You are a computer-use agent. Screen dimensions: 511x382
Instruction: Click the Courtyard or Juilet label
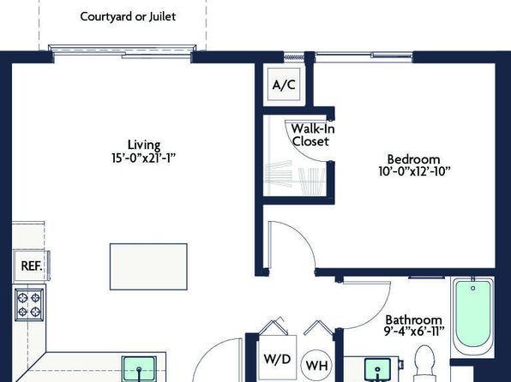tap(128, 16)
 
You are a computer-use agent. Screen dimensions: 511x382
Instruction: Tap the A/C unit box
tap(284, 84)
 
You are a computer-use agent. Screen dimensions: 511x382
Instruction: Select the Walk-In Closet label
tap(312, 135)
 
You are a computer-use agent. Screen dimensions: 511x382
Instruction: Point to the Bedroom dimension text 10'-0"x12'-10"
tap(414, 171)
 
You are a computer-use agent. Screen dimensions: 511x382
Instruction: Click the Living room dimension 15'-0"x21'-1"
tap(143, 158)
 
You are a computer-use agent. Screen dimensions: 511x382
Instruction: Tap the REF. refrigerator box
tap(31, 266)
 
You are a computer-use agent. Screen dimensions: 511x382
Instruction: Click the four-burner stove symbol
tap(29, 304)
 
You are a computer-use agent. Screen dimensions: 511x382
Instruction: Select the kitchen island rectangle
tap(148, 266)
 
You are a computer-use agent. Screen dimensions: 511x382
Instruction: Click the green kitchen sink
tap(139, 369)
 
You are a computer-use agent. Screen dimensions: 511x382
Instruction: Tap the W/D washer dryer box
tap(277, 359)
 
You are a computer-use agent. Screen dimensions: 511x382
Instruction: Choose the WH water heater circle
tap(316, 365)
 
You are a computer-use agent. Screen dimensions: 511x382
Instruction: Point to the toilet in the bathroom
tap(424, 363)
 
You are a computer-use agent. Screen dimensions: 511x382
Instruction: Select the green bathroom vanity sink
tap(377, 370)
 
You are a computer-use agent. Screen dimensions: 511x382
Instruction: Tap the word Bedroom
tap(413, 159)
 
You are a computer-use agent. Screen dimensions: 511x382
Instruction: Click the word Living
tap(144, 145)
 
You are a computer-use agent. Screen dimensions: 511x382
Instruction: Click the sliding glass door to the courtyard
tap(123, 51)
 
